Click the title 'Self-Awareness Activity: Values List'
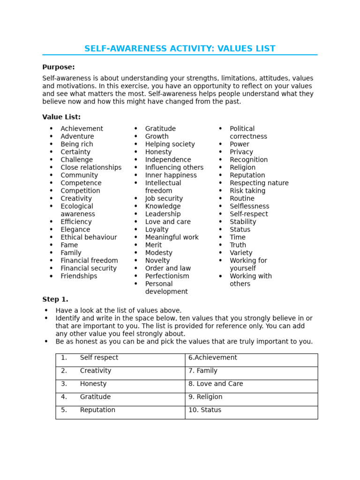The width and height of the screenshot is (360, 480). [180, 49]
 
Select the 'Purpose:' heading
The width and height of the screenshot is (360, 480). [58, 67]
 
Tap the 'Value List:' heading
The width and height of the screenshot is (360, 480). [61, 117]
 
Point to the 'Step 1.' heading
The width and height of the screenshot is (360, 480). [55, 300]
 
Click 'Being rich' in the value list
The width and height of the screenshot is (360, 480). [76, 144]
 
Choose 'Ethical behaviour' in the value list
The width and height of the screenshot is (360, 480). [89, 237]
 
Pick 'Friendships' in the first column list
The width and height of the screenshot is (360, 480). [79, 276]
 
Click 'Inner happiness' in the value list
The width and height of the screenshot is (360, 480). [171, 175]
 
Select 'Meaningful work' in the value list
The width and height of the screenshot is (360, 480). [172, 237]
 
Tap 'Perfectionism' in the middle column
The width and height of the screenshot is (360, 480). [167, 276]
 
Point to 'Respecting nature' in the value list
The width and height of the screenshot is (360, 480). [259, 183]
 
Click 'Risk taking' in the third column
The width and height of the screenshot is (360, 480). [247, 191]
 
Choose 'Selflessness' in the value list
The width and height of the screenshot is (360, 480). [249, 206]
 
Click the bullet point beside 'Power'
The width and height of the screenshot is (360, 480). [221, 144]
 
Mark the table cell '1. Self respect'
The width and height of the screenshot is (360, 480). [120, 360]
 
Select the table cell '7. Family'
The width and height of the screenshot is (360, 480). [251, 373]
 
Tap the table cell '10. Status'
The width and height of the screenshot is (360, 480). [251, 412]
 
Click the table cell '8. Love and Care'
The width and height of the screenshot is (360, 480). [251, 386]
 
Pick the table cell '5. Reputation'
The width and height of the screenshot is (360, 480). [120, 412]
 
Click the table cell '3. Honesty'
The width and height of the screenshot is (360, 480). [120, 386]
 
